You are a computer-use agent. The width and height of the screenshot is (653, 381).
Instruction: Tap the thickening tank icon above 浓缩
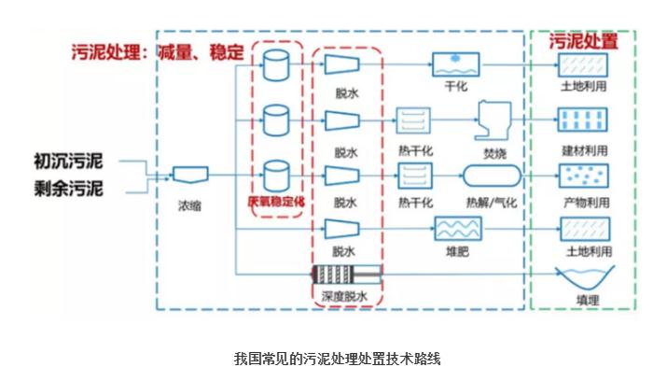point(190,175)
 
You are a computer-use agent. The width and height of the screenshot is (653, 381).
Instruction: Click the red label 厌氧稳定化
point(277,201)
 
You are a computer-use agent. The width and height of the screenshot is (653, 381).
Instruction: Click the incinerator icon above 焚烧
point(489,120)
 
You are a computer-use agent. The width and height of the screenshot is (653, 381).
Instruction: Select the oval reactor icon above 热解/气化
point(490,175)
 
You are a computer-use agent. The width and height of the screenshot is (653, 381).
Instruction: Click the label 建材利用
point(585,149)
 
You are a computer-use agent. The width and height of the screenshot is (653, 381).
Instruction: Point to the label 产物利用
point(585,202)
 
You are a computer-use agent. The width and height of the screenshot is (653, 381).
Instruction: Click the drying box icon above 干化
point(455,64)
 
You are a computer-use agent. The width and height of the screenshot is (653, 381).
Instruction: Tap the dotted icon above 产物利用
point(584,175)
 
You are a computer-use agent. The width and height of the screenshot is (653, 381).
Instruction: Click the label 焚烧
point(489,149)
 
